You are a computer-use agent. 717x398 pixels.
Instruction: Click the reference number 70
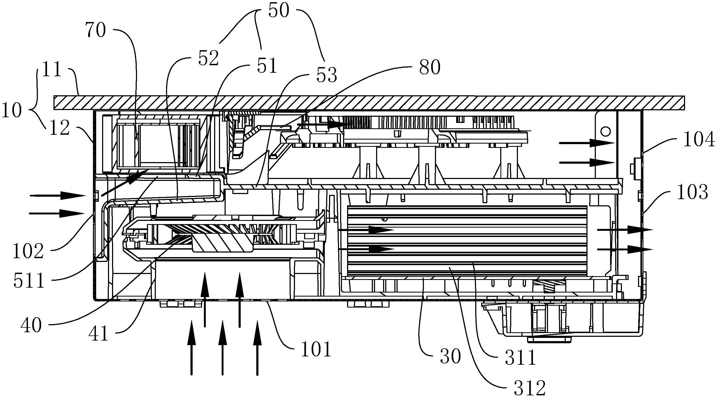click(96, 30)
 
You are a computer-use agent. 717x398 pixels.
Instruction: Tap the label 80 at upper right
click(430, 68)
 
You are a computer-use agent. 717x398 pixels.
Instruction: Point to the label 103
click(692, 192)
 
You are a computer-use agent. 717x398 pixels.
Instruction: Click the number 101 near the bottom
click(316, 349)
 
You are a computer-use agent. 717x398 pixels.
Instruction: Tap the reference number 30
click(450, 357)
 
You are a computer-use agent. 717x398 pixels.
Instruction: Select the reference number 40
click(31, 326)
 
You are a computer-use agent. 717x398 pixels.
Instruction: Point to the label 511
click(29, 281)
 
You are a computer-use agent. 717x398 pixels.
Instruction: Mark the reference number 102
click(28, 251)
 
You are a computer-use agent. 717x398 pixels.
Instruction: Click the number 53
click(327, 75)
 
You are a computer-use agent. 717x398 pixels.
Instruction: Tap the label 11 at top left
click(52, 69)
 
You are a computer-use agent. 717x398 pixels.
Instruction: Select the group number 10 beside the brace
click(11, 110)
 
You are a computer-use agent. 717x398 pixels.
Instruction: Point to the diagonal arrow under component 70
click(122, 183)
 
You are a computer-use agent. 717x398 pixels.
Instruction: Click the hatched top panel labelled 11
click(362, 103)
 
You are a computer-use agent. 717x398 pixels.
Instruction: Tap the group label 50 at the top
click(279, 10)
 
